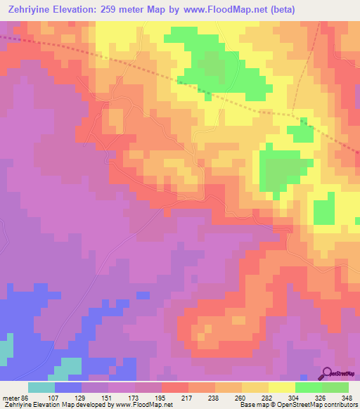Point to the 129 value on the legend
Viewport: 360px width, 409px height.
(81, 397)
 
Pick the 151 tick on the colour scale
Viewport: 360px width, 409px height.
(108, 397)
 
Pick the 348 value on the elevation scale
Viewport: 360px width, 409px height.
(347, 397)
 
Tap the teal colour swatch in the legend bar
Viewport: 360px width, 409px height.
(41, 387)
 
